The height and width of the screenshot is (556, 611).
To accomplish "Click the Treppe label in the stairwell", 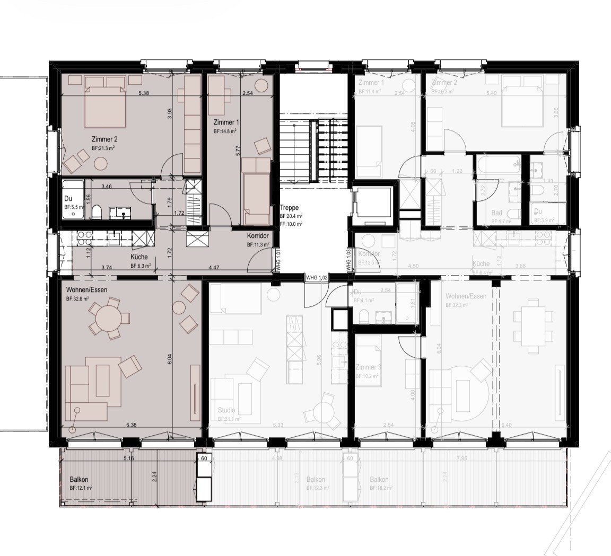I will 289,208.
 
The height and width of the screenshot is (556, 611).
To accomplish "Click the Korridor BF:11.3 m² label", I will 257,236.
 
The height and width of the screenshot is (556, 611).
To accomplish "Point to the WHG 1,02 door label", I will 317,277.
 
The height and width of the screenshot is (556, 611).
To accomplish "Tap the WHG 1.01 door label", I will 277,261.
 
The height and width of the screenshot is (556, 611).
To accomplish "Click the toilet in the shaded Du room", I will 97,212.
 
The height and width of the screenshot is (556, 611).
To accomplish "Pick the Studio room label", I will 226,410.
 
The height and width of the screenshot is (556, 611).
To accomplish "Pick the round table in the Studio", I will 325,411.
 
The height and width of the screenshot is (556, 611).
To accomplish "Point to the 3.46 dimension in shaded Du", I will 106,187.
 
